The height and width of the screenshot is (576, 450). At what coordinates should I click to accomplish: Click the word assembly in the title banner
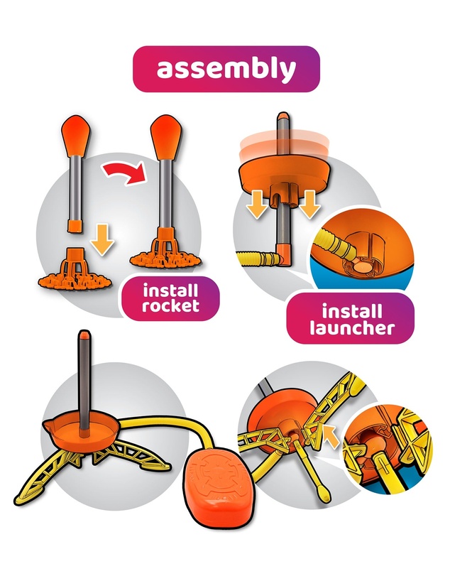pyautogui.click(x=226, y=69)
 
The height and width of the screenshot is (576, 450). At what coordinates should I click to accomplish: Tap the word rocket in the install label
pyautogui.click(x=170, y=305)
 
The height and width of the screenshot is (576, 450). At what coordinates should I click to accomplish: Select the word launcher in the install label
pyautogui.click(x=351, y=327)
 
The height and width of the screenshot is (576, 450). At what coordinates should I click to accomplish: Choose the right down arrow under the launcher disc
pyautogui.click(x=309, y=205)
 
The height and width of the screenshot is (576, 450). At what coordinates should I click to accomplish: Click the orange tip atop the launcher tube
pyautogui.click(x=283, y=116)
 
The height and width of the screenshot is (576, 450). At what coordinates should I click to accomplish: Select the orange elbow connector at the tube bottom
pyautogui.click(x=285, y=254)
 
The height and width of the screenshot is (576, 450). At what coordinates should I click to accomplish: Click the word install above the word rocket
pyautogui.click(x=170, y=290)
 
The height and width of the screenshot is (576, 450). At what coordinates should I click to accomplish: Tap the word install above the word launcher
pyautogui.click(x=351, y=312)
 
